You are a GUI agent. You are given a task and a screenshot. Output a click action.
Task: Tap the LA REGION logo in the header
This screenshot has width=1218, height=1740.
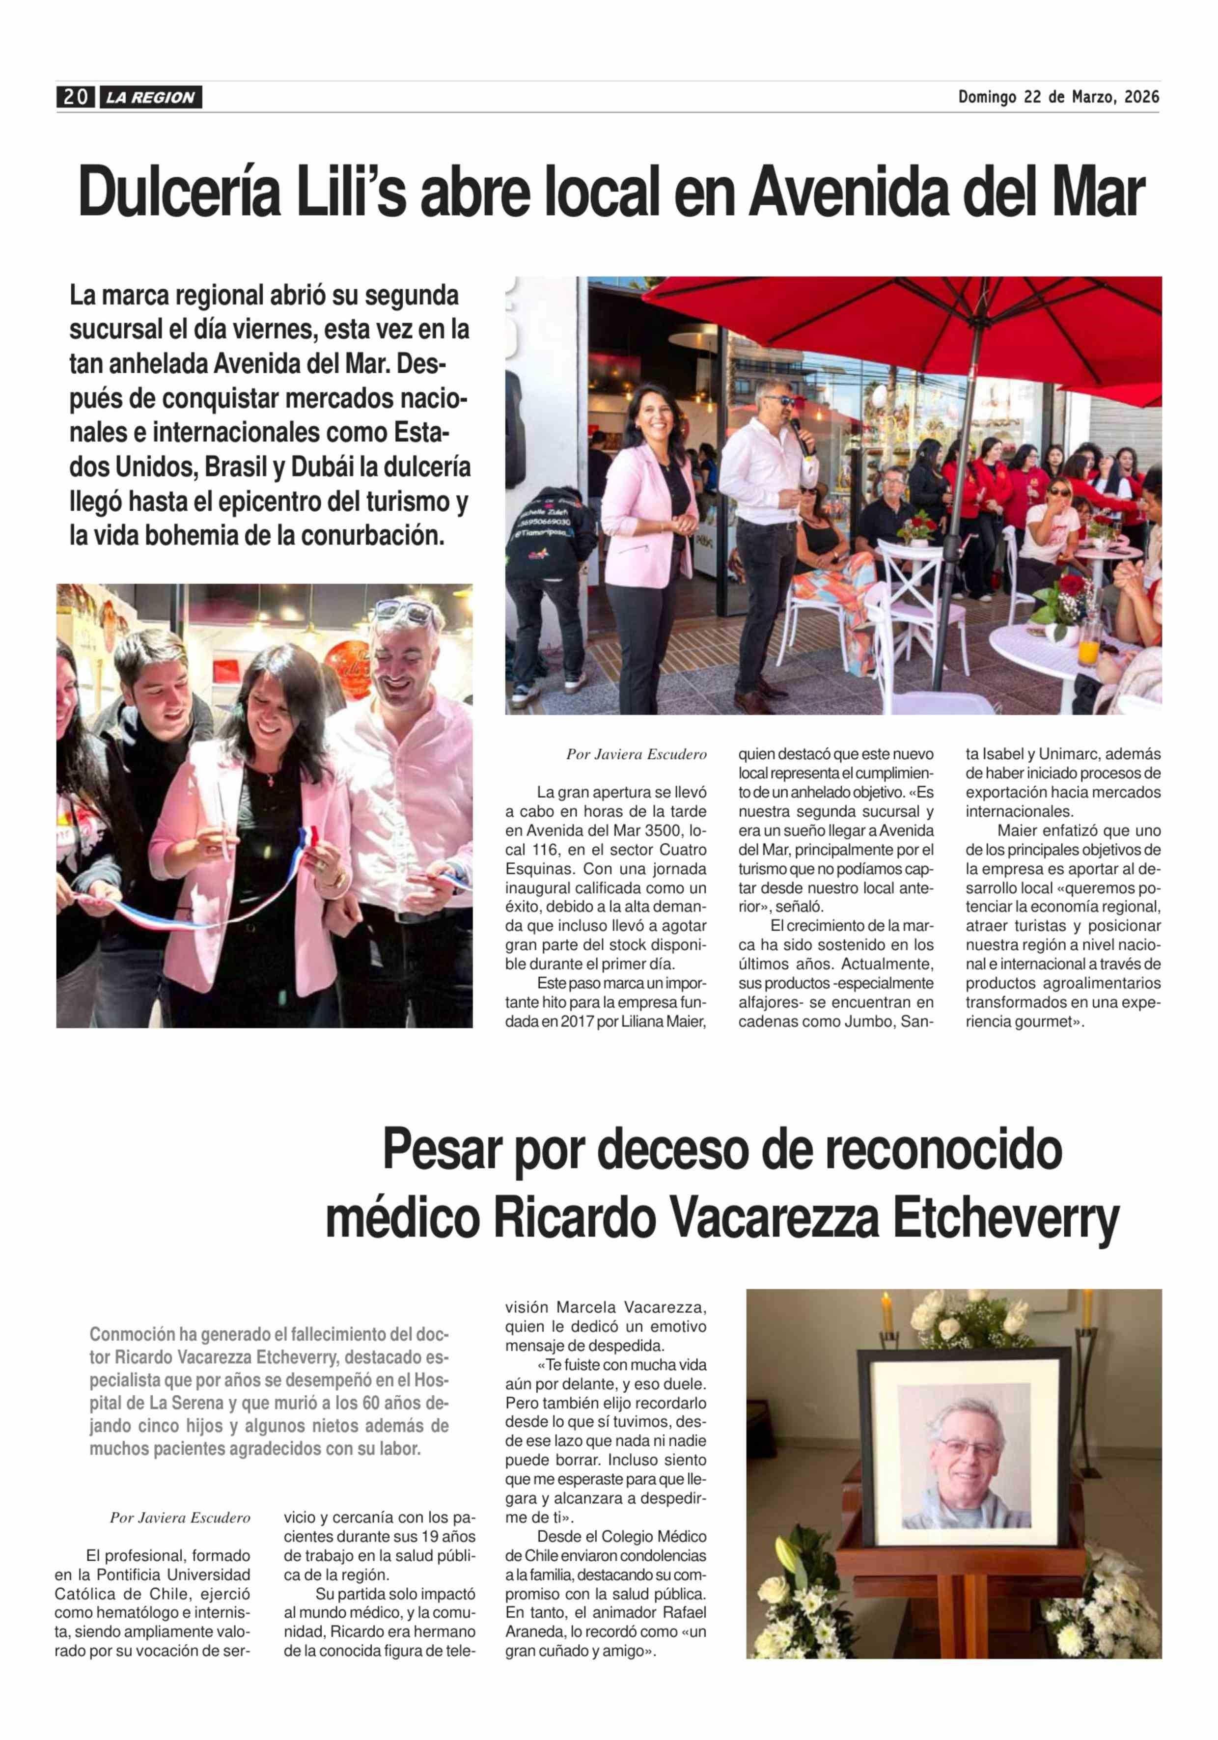[150, 98]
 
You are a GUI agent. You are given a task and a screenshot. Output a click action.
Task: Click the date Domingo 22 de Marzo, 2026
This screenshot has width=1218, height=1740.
[1058, 97]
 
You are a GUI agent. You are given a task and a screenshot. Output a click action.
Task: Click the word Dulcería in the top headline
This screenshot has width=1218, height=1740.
[180, 194]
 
